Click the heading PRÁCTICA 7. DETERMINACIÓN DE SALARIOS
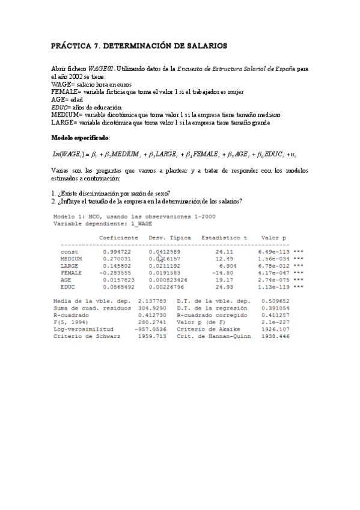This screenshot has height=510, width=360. click(139, 45)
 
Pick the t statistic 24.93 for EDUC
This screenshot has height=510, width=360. click(222, 287)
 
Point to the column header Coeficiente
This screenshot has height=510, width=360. click(119, 237)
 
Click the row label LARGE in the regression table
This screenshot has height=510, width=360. click(70, 265)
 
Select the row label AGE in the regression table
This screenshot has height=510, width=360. click(66, 279)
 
